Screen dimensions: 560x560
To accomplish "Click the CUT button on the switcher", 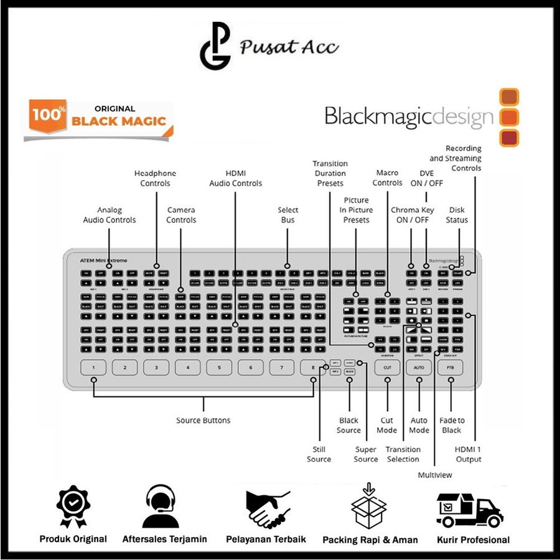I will pos(387,368).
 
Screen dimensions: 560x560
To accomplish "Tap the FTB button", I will pos(450,368).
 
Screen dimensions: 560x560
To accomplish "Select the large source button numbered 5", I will pos(219,368).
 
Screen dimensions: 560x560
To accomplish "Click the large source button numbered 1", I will pos(94,368).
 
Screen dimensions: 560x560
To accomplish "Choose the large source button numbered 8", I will pos(312,368).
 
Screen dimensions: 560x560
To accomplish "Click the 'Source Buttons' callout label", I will pos(203,421).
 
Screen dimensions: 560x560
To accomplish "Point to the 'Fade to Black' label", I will pos(452,426).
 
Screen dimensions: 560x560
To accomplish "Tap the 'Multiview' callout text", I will pos(435,475).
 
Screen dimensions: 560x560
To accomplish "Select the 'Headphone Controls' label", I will pos(155,179).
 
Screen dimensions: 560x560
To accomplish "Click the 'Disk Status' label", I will pos(457,215).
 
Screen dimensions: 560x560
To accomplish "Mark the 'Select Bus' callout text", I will pos(288,215).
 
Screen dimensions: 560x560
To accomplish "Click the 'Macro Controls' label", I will pos(388,178).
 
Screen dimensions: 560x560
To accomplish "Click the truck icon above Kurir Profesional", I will pos(469,510).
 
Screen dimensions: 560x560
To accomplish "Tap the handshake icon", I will pos(268,507).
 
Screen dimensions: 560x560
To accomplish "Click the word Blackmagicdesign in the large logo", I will pos(409,116).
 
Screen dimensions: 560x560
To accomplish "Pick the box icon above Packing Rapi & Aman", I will pos(369,507).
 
